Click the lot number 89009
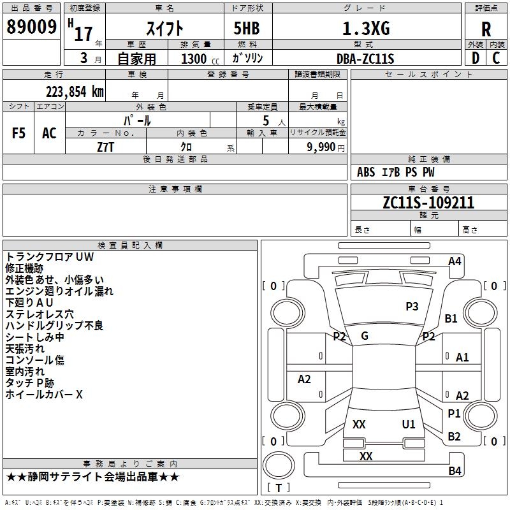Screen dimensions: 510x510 point(31,26)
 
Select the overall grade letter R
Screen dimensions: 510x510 point(486,29)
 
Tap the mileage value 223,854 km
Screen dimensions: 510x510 point(75,92)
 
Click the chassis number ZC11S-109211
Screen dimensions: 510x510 point(428,203)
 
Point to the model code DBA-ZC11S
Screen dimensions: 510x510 point(365,59)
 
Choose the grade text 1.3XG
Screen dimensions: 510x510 point(366,29)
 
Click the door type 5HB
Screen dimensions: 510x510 point(247,28)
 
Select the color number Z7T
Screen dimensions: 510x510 point(106,147)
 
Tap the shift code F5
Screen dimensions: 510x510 point(18,133)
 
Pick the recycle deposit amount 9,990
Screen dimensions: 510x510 point(321,147)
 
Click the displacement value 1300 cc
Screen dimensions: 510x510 point(200,59)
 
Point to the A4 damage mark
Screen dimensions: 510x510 point(455,261)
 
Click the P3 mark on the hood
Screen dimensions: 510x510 point(412,307)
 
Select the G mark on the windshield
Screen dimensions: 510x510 point(365,336)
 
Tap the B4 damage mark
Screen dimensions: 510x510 point(455,470)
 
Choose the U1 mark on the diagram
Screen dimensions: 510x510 point(409,424)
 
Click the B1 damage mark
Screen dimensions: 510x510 point(451,318)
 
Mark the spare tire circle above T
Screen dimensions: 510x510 point(279,465)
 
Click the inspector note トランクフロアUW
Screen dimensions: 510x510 point(50,257)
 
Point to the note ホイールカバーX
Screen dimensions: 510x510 point(44,395)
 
